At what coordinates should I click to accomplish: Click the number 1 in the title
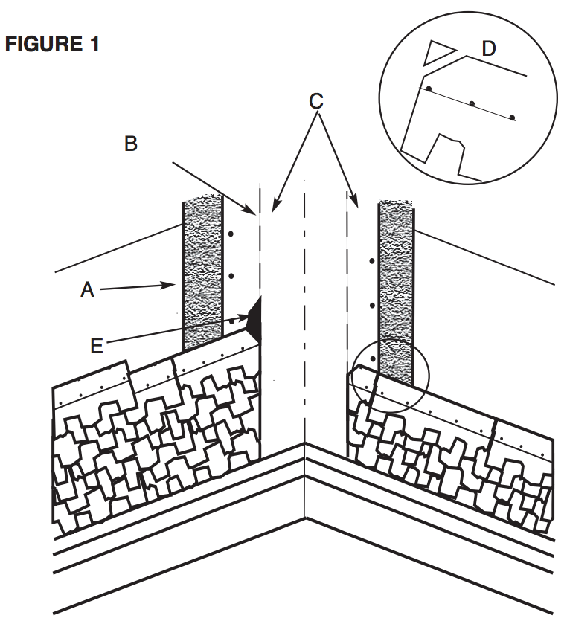[93, 45]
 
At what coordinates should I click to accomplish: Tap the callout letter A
[87, 291]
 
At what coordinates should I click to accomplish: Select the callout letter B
[131, 144]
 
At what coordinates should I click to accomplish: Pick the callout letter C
[316, 100]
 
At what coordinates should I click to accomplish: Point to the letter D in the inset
[488, 49]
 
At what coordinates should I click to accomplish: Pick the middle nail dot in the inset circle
[471, 103]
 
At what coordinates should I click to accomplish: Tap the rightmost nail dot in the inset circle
[513, 118]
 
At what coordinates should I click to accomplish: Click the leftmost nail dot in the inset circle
[428, 89]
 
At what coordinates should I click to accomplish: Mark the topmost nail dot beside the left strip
[231, 234]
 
